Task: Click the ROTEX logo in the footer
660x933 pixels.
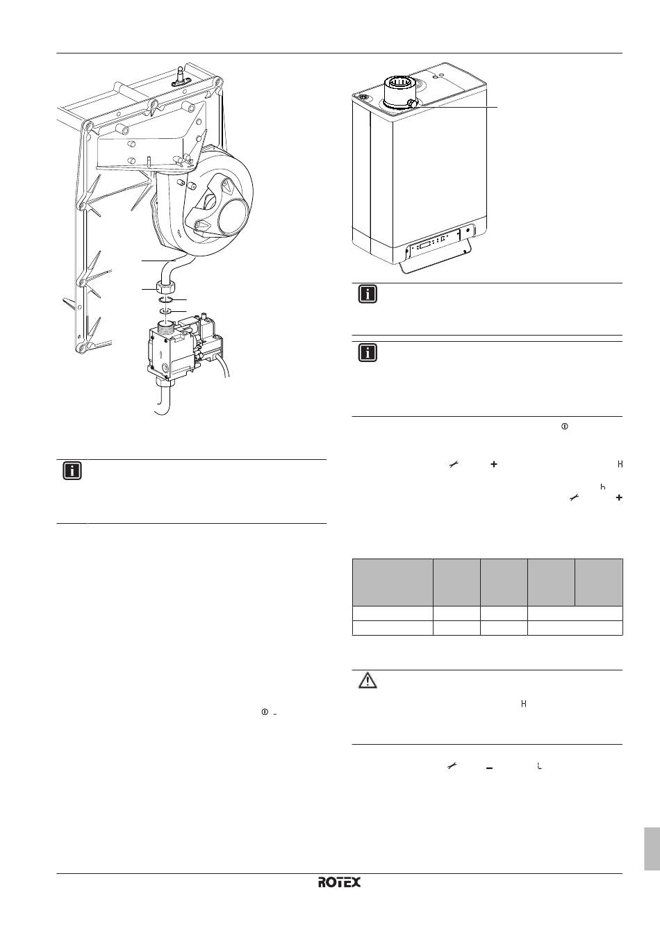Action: [339, 882]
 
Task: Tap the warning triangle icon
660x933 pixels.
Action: [368, 681]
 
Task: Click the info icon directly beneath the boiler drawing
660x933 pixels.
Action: [368, 294]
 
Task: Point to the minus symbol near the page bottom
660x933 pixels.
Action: [489, 768]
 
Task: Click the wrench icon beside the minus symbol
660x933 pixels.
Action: [452, 766]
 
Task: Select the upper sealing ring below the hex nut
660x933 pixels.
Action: [166, 300]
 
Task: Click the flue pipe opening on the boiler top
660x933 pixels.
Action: [399, 86]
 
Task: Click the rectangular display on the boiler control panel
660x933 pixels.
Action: [425, 246]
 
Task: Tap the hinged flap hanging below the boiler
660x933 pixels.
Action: [436, 262]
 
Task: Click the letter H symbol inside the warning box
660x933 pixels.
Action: [524, 704]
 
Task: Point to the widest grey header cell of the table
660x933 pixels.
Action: [393, 582]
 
